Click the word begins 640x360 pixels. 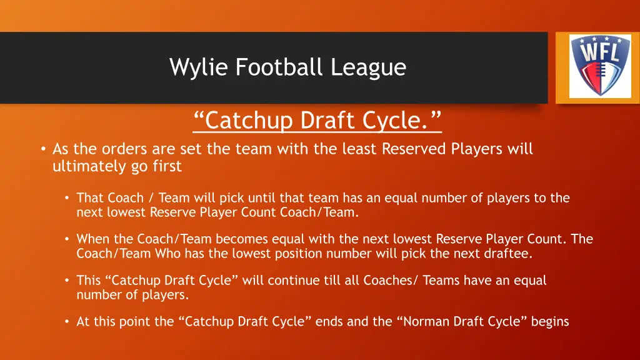pos(550,322)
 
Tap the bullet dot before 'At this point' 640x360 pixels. pos(67,322)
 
